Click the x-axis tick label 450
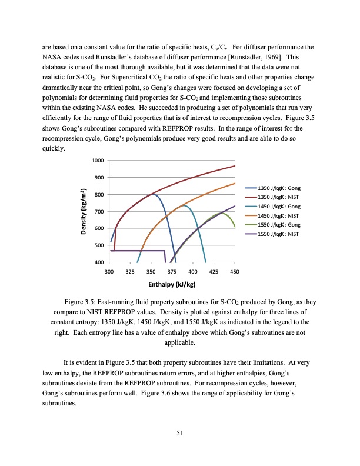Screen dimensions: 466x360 click(x=235, y=272)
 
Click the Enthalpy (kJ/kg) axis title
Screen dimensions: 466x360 click(x=172, y=285)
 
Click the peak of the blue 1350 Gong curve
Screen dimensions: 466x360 click(x=154, y=194)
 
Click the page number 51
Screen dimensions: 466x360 click(x=180, y=434)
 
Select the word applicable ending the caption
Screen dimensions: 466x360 click(x=179, y=342)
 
